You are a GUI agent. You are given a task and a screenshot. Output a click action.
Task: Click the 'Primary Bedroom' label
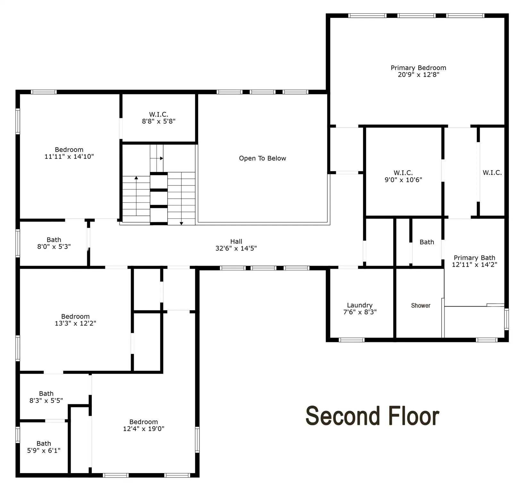point(418,68)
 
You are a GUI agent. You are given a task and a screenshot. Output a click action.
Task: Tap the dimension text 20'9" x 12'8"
point(418,75)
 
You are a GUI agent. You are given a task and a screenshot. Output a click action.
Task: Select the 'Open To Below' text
point(262,158)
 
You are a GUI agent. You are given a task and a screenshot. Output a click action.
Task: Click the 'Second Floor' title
point(372,416)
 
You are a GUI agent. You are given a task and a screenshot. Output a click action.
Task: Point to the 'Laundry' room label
point(359,305)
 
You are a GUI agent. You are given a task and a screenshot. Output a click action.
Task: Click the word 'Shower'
point(420,306)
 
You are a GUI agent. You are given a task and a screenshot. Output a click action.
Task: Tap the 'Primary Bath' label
point(474,258)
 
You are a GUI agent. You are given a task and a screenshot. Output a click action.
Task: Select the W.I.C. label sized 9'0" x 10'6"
point(403,173)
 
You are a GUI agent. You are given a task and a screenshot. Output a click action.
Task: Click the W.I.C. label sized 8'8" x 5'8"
point(158,114)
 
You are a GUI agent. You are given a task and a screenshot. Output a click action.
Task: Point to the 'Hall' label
point(236,241)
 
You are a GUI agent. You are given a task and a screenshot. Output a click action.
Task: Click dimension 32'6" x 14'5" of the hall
point(236,248)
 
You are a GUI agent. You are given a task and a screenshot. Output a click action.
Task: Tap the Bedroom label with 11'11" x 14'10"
point(69,150)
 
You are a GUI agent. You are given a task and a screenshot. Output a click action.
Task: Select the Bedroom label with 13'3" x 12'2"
point(75,316)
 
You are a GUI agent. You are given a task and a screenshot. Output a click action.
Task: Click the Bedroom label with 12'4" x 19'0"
point(143,422)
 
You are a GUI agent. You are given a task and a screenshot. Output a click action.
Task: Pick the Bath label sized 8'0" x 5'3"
point(54,240)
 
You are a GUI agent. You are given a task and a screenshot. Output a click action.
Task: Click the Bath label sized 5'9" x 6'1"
point(44,444)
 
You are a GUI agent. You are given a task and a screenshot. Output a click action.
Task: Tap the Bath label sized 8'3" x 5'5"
point(46,394)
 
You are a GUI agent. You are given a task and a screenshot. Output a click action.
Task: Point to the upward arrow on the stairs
point(136,177)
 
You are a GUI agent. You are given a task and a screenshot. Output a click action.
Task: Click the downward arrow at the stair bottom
point(181,223)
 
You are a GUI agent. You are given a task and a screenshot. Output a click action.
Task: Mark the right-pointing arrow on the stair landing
point(161,158)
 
